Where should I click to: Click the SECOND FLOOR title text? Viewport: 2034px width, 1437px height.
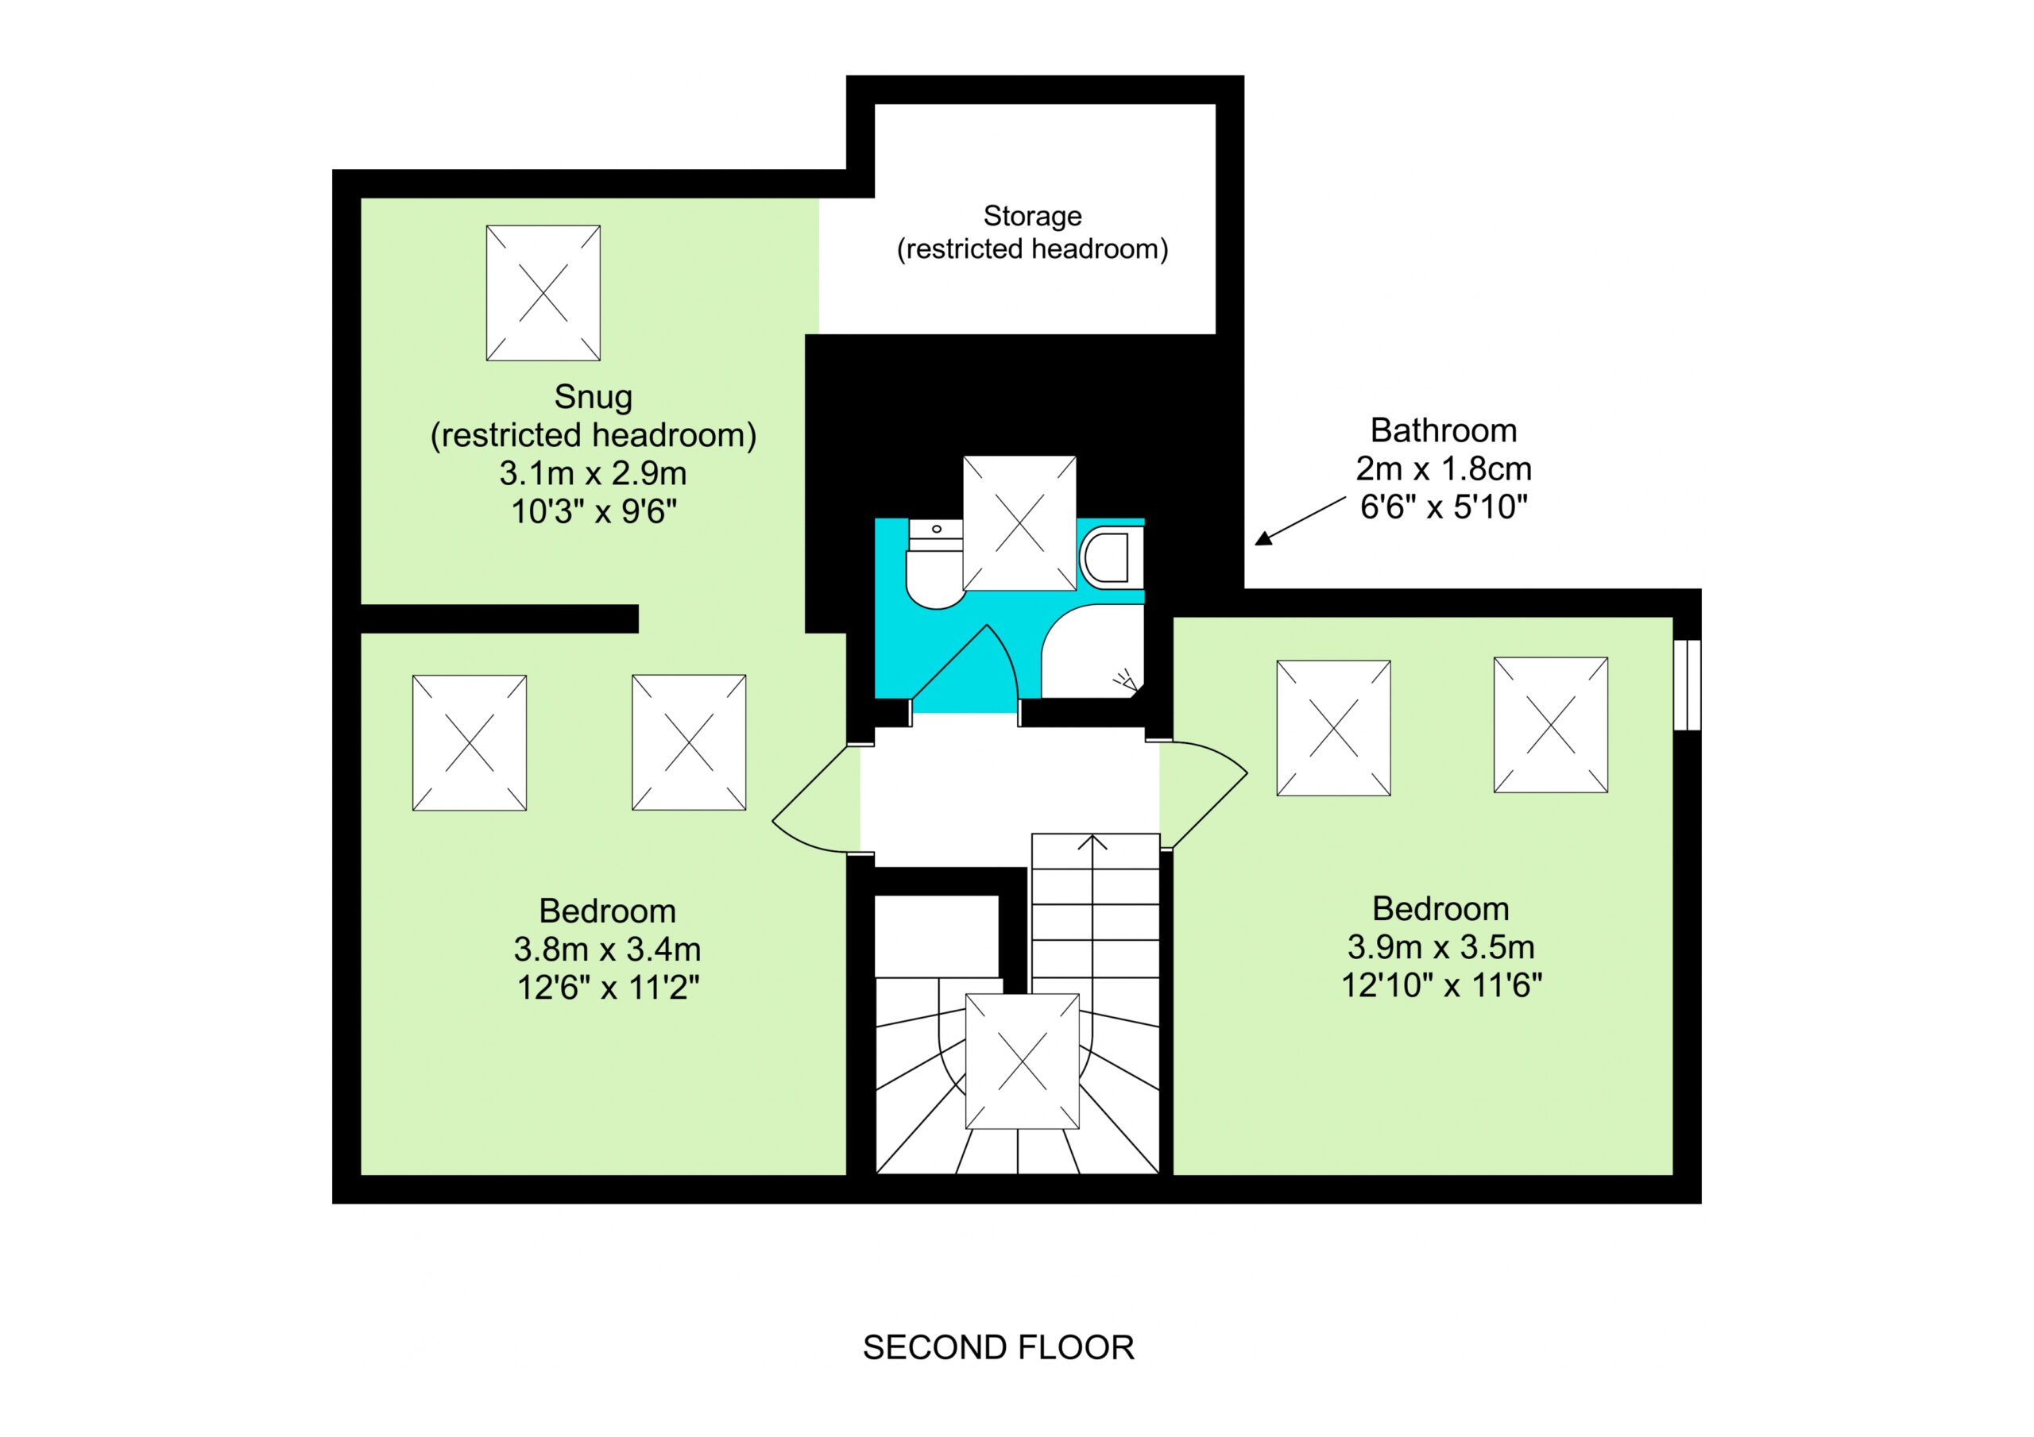click(999, 1347)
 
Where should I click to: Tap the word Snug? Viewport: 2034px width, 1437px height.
click(594, 398)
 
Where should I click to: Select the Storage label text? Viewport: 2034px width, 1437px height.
click(1033, 216)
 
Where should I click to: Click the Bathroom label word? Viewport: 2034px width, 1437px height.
click(1444, 430)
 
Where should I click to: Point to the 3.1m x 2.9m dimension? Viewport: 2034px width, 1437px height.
click(594, 474)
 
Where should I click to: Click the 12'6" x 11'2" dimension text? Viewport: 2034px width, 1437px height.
click(609, 987)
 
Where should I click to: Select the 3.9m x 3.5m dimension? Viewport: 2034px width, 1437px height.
click(1441, 947)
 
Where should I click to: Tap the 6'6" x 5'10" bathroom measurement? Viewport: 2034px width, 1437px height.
click(1444, 507)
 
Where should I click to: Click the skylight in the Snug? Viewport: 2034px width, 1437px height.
click(543, 293)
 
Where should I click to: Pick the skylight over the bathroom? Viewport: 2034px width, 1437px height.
click(1019, 523)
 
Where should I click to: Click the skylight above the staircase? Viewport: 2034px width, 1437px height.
click(1023, 1061)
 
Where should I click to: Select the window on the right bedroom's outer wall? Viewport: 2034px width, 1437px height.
click(1688, 685)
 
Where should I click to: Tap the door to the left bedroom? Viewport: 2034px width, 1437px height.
click(815, 799)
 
